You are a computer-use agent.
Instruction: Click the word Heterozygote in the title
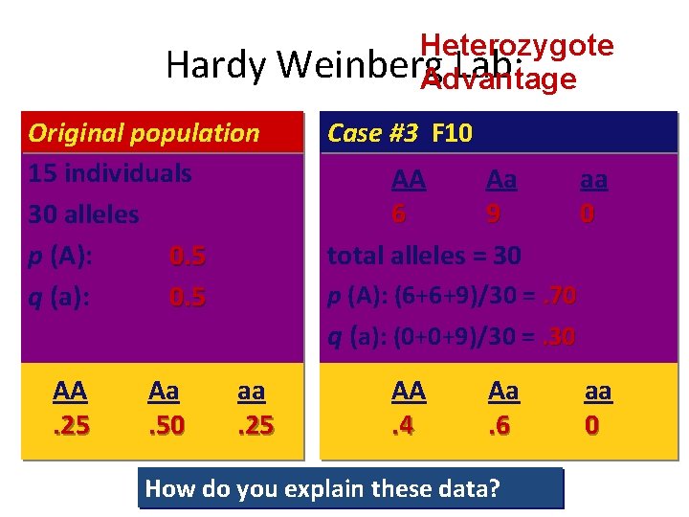click(517, 45)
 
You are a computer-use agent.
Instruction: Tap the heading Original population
click(144, 133)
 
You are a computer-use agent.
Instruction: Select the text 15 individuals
click(110, 173)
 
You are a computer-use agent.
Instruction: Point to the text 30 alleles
click(84, 214)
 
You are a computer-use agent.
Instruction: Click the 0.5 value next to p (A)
click(188, 256)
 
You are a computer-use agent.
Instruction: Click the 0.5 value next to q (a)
click(188, 298)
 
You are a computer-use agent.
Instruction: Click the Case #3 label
click(372, 133)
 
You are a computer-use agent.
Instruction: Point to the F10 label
click(453, 133)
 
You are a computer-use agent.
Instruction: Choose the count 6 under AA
click(398, 214)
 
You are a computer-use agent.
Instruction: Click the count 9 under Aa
click(493, 214)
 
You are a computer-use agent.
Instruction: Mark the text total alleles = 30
click(424, 256)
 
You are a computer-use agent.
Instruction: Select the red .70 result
click(559, 296)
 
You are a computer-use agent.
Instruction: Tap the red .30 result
click(559, 336)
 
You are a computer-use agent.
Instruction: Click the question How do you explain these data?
click(322, 489)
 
